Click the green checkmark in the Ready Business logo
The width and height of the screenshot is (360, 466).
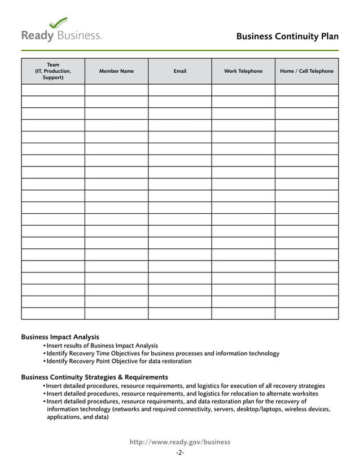point(58,23)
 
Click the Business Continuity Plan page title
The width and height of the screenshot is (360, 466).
point(287,37)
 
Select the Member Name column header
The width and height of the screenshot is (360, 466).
point(116,71)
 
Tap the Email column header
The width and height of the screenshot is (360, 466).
point(180,71)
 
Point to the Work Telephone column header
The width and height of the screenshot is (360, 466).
point(243,71)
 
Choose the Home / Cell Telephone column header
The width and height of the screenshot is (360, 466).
point(306,71)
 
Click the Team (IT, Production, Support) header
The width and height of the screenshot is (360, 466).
point(53,71)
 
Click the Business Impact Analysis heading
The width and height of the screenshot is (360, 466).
point(60,337)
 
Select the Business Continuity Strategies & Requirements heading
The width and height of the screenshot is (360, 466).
point(94,377)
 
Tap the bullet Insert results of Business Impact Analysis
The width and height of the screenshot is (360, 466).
point(102,345)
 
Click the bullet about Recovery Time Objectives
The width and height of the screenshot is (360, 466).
point(163,353)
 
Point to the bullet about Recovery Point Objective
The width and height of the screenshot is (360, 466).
point(118,361)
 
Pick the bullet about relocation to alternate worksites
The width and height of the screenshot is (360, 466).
point(182,394)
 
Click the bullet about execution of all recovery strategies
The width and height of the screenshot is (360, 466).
point(186,386)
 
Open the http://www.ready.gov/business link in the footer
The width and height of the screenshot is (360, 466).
point(180,442)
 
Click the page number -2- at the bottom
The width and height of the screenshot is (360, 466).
point(180,452)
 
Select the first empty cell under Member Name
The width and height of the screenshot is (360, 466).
point(116,90)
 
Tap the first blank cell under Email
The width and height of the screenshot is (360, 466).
point(180,90)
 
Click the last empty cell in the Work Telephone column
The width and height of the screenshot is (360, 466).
point(243,314)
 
